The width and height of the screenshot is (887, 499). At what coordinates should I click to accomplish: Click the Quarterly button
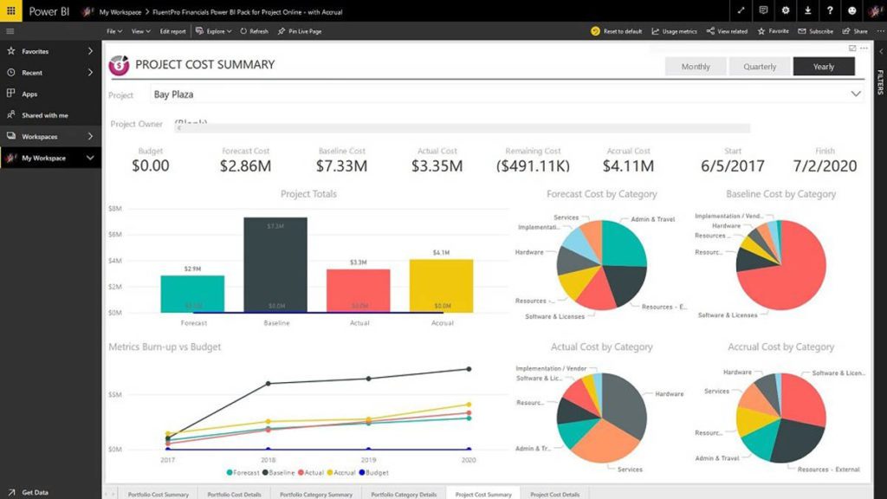[760, 67]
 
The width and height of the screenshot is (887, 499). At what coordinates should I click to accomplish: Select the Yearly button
[823, 67]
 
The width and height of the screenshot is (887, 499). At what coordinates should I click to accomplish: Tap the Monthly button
[696, 67]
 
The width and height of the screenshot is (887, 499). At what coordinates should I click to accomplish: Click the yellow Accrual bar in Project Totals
[441, 285]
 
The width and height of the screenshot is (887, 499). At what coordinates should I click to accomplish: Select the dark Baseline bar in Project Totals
[275, 264]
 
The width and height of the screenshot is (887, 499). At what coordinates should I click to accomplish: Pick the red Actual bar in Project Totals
[359, 290]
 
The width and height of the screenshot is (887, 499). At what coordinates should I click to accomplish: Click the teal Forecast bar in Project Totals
[192, 294]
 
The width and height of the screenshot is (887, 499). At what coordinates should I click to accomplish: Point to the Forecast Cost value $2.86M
[245, 165]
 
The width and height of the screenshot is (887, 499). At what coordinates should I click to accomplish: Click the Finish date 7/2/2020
[825, 165]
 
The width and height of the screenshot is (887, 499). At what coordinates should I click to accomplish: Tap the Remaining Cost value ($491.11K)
[534, 165]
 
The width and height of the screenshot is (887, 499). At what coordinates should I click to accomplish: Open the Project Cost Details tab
[554, 494]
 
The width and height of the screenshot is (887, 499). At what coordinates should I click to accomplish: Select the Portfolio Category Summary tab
[315, 494]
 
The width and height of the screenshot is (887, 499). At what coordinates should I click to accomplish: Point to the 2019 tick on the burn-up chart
[368, 460]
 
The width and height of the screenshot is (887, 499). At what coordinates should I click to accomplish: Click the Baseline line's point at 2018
[268, 383]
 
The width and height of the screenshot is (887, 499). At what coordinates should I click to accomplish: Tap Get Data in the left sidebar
[35, 492]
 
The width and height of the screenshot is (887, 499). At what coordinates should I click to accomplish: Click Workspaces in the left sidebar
[39, 136]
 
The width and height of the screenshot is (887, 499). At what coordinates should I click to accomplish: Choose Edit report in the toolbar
[172, 31]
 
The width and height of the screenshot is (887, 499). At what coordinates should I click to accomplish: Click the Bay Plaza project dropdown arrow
[856, 94]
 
